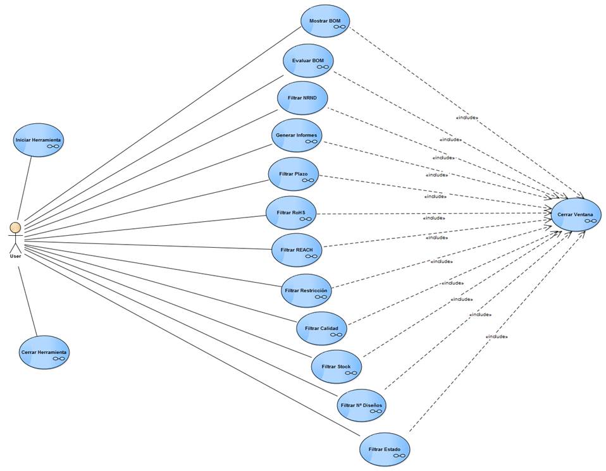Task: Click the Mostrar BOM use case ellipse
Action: pyautogui.click(x=325, y=21)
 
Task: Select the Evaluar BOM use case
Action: pyautogui.click(x=308, y=61)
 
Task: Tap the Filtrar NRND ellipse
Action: pyautogui.click(x=302, y=98)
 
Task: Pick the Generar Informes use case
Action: pyautogui.click(x=297, y=136)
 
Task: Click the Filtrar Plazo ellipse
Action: pyautogui.click(x=293, y=174)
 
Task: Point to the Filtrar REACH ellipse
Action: pyautogui.click(x=296, y=250)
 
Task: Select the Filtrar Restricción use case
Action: pyautogui.click(x=306, y=290)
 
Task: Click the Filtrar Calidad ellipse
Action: pyautogui.click(x=321, y=328)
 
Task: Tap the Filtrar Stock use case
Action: pyautogui.click(x=337, y=367)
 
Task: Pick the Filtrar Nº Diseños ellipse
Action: pyautogui.click(x=361, y=405)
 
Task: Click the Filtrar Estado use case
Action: pyautogui.click(x=385, y=450)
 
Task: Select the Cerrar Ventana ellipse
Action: pyautogui.click(x=576, y=215)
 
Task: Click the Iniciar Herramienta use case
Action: pyautogui.click(x=39, y=140)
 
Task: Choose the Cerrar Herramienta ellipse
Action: pyautogui.click(x=44, y=352)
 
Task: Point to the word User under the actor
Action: pyautogui.click(x=15, y=256)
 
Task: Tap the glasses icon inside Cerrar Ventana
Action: pyautogui.click(x=590, y=221)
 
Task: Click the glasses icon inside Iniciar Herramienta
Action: pyautogui.click(x=53, y=146)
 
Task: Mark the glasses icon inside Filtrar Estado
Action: pyautogui.click(x=399, y=456)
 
